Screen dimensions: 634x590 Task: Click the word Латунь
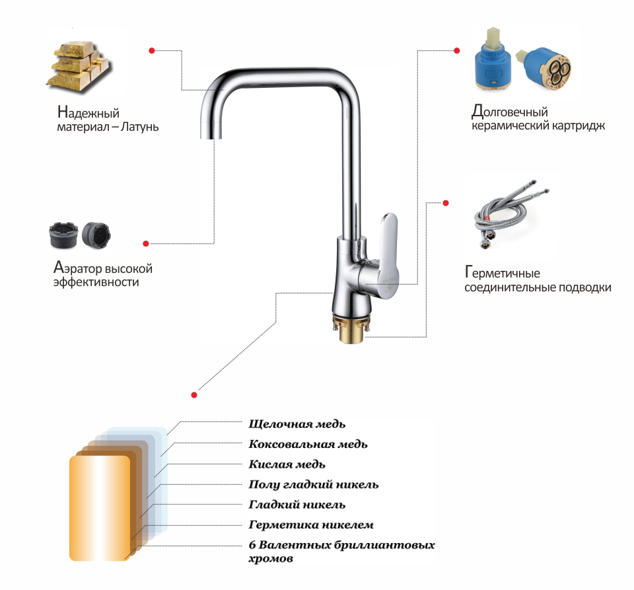click(139, 127)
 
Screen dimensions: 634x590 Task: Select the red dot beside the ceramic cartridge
click(457, 51)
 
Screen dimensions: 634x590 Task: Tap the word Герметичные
click(502, 273)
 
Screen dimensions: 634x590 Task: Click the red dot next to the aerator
click(146, 243)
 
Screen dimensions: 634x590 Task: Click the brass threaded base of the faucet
click(351, 329)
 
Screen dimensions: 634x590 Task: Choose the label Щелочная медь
click(297, 424)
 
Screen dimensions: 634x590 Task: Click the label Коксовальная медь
click(308, 444)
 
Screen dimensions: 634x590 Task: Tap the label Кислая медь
click(287, 464)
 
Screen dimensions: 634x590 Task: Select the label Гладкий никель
click(297, 505)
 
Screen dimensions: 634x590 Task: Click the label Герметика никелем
click(311, 525)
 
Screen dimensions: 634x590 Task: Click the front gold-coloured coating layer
click(100, 508)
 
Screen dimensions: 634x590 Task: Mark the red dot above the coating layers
click(194, 394)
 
